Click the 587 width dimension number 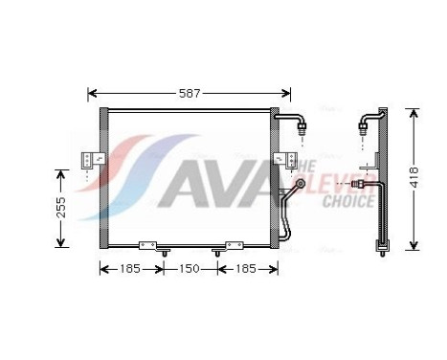click(x=189, y=93)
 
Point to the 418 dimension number click(x=413, y=177)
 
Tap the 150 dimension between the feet click(x=189, y=269)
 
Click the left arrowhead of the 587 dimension click(x=91, y=94)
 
